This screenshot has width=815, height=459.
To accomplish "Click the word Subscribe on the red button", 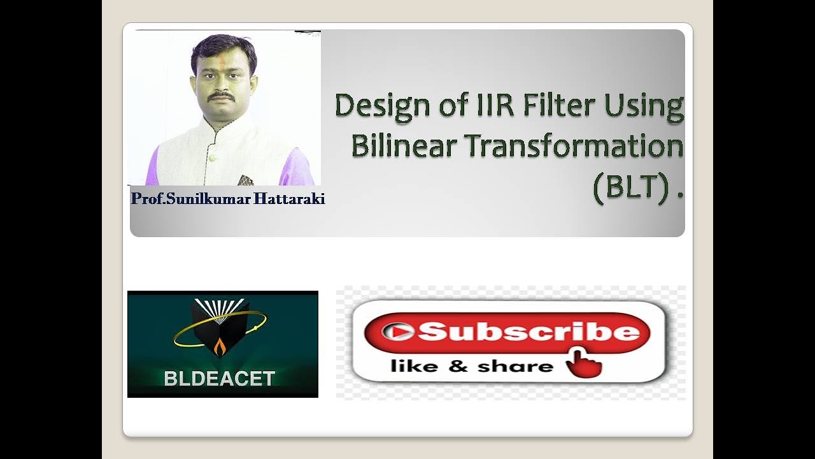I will [x=528, y=331].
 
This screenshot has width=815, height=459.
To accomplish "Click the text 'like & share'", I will [x=472, y=367].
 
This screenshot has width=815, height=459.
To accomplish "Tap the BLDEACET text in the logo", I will [x=219, y=379].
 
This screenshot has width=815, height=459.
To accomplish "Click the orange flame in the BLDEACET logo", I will [x=220, y=348].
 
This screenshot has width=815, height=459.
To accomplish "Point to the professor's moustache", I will [x=222, y=96].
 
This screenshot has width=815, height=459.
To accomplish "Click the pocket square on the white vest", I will [x=245, y=180].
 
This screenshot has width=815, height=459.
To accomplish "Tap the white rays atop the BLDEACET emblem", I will [x=220, y=307].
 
